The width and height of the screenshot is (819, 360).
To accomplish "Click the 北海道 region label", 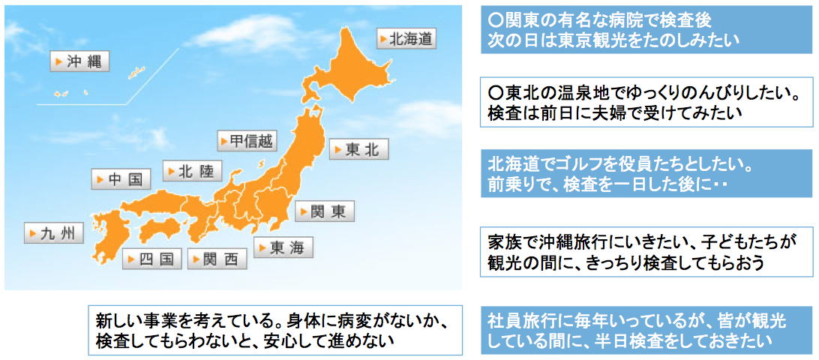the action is coord(406,39).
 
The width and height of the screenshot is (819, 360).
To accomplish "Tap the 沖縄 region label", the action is coord(80,61).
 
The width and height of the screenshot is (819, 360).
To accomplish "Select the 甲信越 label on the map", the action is coord(247,140).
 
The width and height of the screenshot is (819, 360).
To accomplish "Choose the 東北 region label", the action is coord(358,149).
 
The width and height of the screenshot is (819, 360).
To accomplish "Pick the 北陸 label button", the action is coord(192,169).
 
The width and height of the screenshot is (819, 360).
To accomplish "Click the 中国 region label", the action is coord(121,179).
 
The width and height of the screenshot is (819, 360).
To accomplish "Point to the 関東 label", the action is coord(324,211).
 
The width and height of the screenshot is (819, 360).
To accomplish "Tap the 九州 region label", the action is coord(54,233).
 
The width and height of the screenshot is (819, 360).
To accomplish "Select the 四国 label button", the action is coord(152,259).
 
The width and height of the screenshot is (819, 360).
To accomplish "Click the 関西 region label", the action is coord(217,259).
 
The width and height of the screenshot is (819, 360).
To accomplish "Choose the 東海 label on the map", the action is coord(283,247).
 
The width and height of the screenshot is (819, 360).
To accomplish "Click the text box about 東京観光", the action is coord(647,29).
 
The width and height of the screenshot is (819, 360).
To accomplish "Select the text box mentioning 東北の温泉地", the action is coord(647,102).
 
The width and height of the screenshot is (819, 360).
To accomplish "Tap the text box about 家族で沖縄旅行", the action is coord(647,251).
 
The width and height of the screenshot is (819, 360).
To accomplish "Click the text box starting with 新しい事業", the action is coord(276,330).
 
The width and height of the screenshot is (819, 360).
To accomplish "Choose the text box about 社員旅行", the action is coord(647,330).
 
